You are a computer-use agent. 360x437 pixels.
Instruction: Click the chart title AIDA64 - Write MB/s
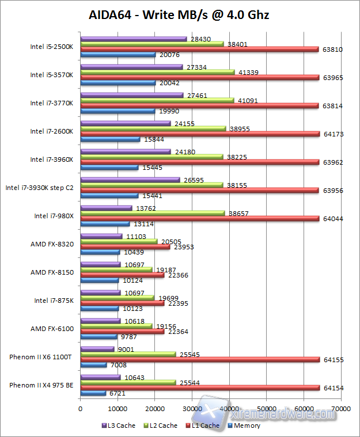(179, 14)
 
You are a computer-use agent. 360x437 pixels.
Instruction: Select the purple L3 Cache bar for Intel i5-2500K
(134, 39)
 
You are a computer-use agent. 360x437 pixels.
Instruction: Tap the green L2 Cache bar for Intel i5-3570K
(158, 73)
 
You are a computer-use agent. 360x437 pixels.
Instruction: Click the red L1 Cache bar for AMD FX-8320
(126, 246)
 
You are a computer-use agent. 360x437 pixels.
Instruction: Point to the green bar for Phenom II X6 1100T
(128, 354)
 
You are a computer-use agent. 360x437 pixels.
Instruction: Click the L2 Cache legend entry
(161, 426)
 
